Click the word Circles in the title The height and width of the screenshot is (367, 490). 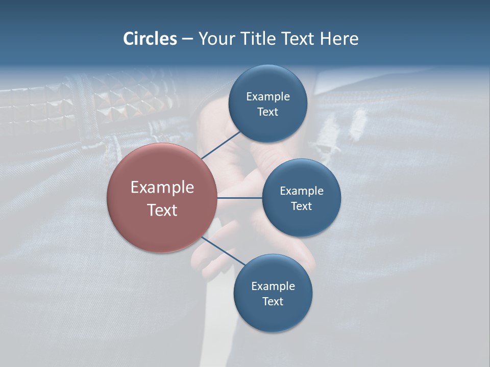150,39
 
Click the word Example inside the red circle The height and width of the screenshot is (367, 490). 162,188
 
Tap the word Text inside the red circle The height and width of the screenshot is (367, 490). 162,210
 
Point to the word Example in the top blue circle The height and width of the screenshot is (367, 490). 267,97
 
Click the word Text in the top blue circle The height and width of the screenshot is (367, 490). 267,112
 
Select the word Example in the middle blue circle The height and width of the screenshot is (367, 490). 301,191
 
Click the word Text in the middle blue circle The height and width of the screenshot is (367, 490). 301,206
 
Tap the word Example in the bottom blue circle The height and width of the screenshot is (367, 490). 273,286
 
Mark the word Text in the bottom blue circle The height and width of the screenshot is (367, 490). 273,302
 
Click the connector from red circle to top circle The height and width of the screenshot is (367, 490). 221,145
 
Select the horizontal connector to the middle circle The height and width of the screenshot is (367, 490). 240,198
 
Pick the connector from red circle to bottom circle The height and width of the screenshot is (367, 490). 223,251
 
